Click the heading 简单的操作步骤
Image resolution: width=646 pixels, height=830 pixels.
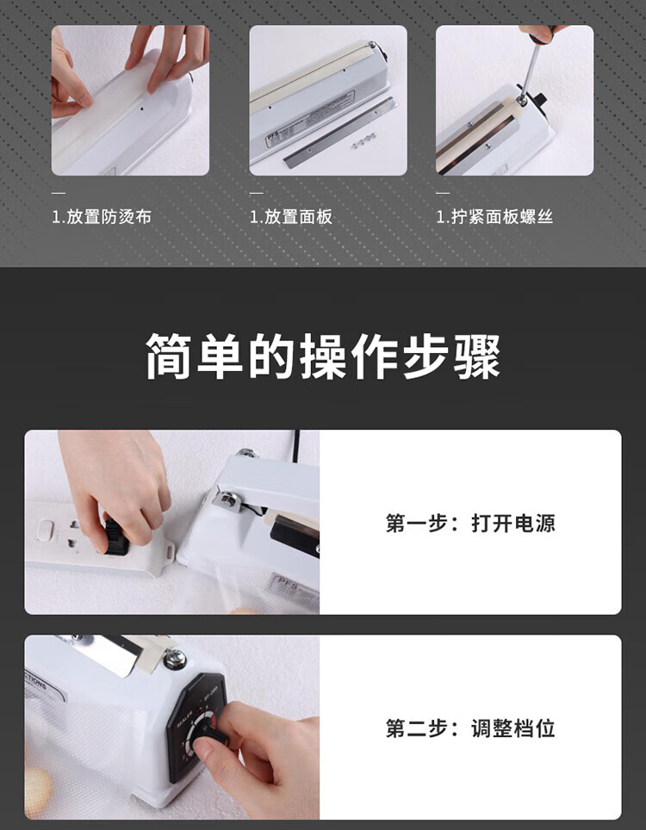[x=323, y=356]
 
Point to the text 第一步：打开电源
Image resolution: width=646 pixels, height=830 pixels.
[x=470, y=523]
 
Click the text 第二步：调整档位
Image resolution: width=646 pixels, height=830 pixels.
[x=470, y=728]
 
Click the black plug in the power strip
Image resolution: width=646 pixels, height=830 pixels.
[x=115, y=536]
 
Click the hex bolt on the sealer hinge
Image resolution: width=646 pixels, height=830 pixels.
[x=228, y=499]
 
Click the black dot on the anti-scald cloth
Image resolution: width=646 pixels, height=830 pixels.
[x=142, y=110]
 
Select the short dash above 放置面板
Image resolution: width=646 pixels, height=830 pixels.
[x=257, y=193]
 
